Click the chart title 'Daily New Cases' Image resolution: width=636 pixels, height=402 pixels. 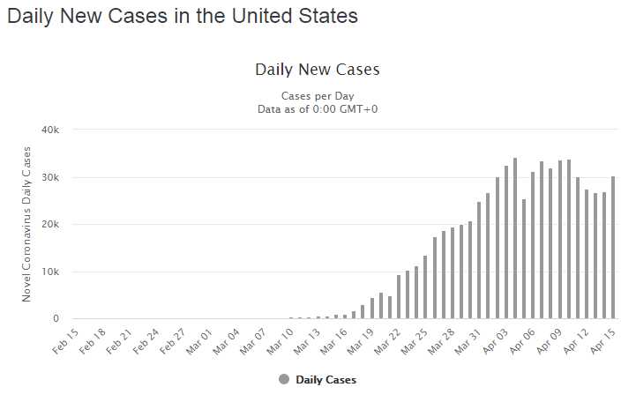pyautogui.click(x=317, y=69)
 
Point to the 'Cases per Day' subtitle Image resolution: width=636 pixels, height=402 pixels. pyautogui.click(x=317, y=95)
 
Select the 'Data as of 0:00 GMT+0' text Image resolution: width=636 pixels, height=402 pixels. pyautogui.click(x=317, y=108)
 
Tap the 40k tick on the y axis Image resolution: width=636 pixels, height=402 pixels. pyautogui.click(x=49, y=130)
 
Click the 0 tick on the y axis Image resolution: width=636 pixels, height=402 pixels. pyautogui.click(x=55, y=318)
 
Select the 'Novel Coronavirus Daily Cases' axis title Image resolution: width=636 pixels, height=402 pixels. pyautogui.click(x=27, y=225)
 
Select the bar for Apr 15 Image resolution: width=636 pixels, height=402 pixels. pyautogui.click(x=613, y=248)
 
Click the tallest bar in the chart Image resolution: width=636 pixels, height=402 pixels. pyautogui.click(x=515, y=238)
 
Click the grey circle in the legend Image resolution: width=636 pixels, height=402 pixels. pyautogui.click(x=284, y=380)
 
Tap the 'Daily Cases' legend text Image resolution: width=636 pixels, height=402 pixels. pyautogui.click(x=326, y=380)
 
